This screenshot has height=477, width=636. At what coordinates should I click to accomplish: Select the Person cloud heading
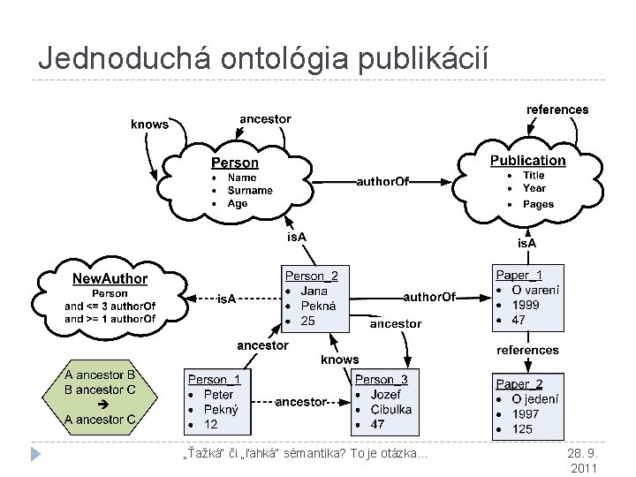point(234,163)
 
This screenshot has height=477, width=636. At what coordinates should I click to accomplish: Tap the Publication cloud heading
point(527,160)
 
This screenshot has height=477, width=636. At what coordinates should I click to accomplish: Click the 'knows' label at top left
point(149,125)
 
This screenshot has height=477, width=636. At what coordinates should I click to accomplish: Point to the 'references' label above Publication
point(556,110)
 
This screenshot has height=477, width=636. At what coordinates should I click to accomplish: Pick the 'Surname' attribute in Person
point(250,190)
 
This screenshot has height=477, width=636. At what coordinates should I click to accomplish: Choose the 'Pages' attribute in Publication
point(538,204)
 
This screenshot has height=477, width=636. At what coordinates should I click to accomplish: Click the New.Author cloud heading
point(110,278)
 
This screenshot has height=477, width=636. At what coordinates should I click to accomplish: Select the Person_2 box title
point(311,275)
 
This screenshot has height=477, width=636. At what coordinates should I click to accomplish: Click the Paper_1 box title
point(519,275)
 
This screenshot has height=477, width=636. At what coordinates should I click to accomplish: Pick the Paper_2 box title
point(519,383)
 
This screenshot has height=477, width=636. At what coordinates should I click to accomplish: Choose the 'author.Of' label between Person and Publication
point(382,182)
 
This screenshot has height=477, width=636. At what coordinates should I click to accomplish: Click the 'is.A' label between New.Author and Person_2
point(227,299)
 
